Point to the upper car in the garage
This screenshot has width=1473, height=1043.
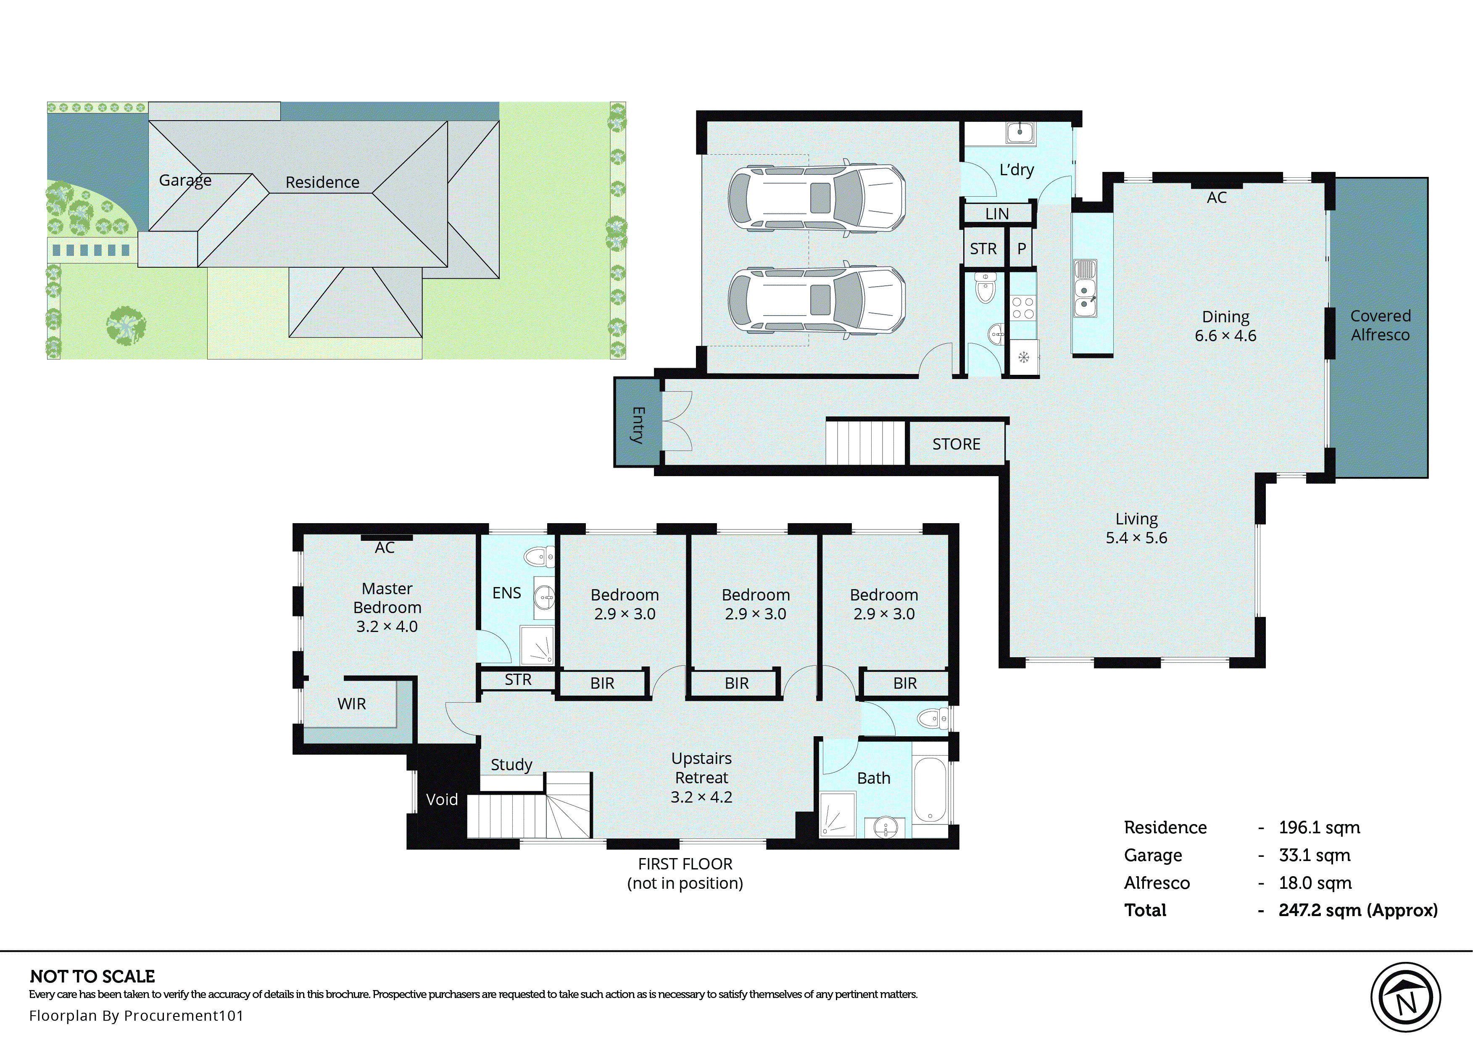(816, 198)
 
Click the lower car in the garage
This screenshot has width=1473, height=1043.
(816, 299)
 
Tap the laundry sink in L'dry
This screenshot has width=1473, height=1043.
(1019, 133)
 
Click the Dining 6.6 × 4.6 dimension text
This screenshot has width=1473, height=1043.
(1225, 336)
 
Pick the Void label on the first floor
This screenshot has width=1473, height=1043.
(442, 800)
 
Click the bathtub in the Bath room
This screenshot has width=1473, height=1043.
(929, 790)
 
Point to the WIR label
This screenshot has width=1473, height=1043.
(351, 704)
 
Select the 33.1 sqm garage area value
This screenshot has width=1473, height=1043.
(1314, 856)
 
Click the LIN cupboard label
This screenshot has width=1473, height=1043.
(996, 214)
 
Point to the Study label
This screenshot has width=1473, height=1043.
(511, 765)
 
